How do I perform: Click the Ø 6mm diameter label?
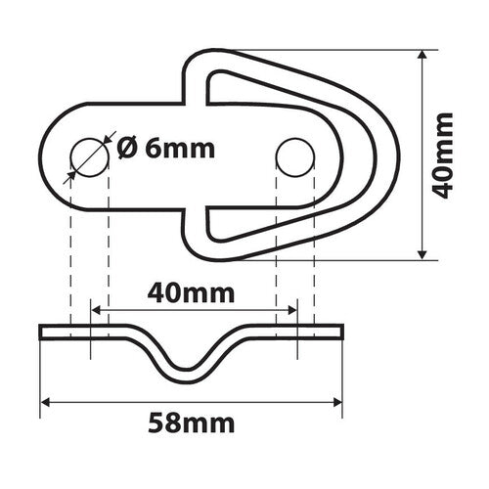(164, 149)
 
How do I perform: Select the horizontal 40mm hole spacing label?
(192, 290)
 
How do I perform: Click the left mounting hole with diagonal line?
(88, 156)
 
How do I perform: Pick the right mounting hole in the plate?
(292, 156)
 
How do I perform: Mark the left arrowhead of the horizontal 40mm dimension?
(95, 310)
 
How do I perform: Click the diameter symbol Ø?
(125, 149)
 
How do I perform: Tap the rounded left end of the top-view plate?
(47, 156)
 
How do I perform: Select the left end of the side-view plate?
(41, 333)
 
